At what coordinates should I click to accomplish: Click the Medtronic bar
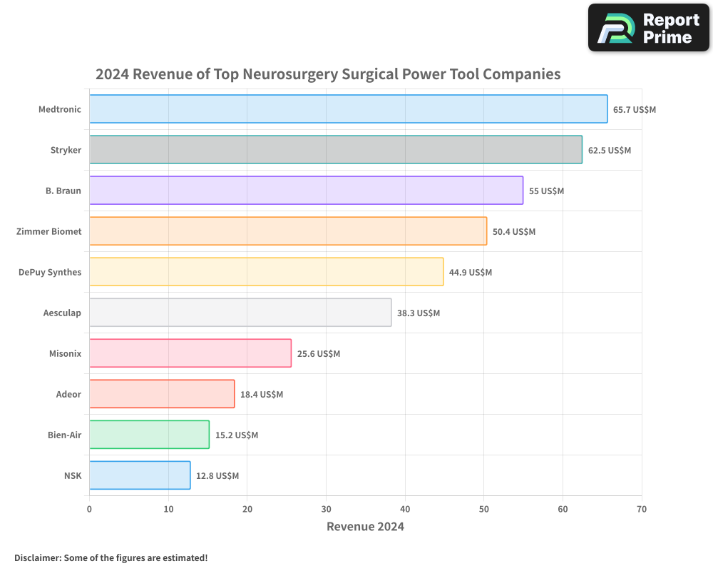click(348, 109)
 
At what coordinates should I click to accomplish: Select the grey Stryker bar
click(335, 150)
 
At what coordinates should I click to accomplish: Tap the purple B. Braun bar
click(306, 191)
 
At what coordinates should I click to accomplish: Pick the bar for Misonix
click(190, 353)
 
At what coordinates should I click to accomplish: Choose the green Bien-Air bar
click(149, 435)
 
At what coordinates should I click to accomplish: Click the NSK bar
click(140, 475)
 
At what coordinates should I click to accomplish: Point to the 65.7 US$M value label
click(635, 110)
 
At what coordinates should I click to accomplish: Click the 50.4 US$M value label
click(514, 232)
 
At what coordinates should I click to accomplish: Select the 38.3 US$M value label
click(419, 313)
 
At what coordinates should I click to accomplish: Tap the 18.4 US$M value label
click(262, 395)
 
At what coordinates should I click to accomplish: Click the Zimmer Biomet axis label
click(49, 231)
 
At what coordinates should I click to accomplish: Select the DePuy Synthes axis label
click(50, 272)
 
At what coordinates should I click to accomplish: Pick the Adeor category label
click(68, 394)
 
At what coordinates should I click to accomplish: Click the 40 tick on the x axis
click(405, 509)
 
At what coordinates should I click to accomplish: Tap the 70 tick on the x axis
click(642, 509)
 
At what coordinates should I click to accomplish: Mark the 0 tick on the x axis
click(89, 509)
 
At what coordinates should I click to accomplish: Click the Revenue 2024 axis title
click(365, 527)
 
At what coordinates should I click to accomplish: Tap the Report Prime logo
click(649, 28)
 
